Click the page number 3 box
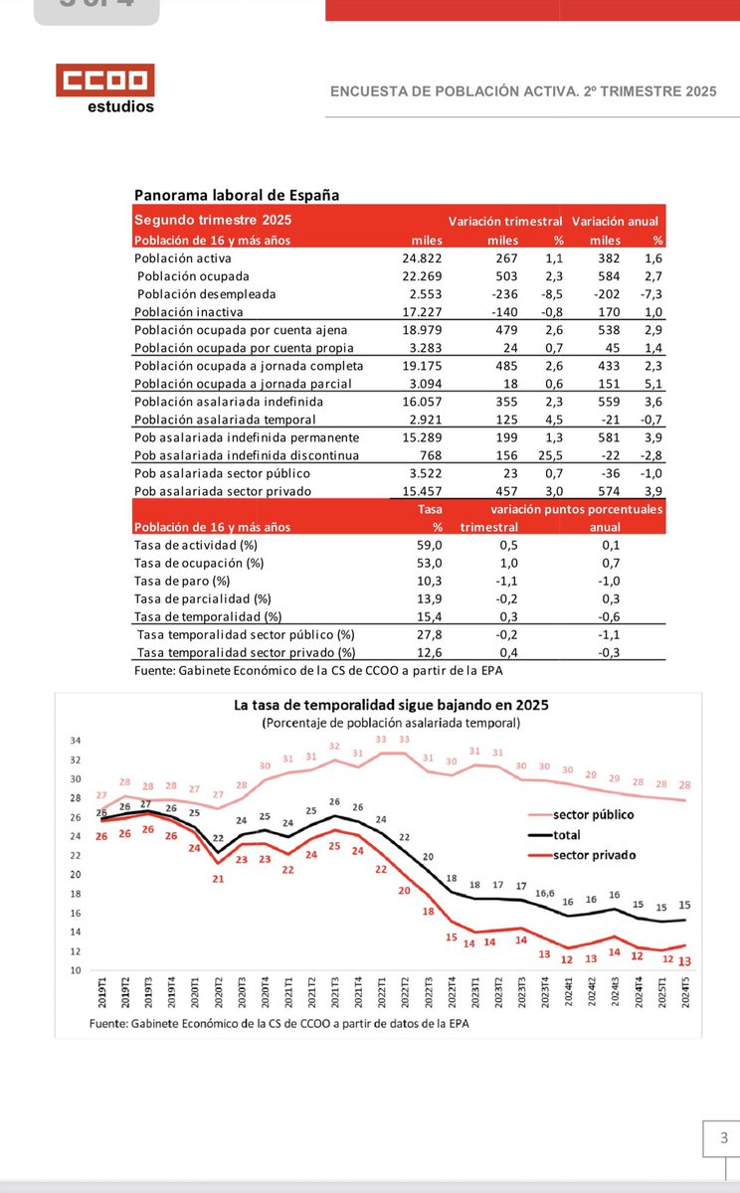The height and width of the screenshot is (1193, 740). (723, 1137)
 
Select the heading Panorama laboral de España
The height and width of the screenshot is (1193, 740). (237, 195)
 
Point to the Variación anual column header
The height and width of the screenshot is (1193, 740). (615, 221)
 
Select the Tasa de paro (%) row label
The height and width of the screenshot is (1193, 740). (182, 581)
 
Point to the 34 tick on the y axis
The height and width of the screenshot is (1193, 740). (76, 741)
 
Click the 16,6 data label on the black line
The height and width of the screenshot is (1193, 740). (544, 894)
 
